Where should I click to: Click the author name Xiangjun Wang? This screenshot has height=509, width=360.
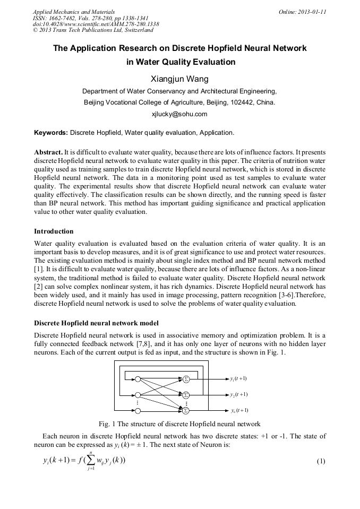(x=179, y=79)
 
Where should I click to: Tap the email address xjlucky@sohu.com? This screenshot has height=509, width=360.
(x=179, y=114)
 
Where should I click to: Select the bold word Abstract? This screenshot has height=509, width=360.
(x=48, y=152)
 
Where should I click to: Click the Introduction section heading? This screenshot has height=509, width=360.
(x=54, y=231)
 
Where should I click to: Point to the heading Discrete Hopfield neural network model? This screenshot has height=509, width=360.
(x=96, y=323)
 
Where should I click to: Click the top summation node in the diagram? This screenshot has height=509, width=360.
(x=186, y=379)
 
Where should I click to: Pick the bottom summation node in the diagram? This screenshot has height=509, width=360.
(x=186, y=410)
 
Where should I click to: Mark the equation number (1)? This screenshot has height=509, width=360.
(x=321, y=461)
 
